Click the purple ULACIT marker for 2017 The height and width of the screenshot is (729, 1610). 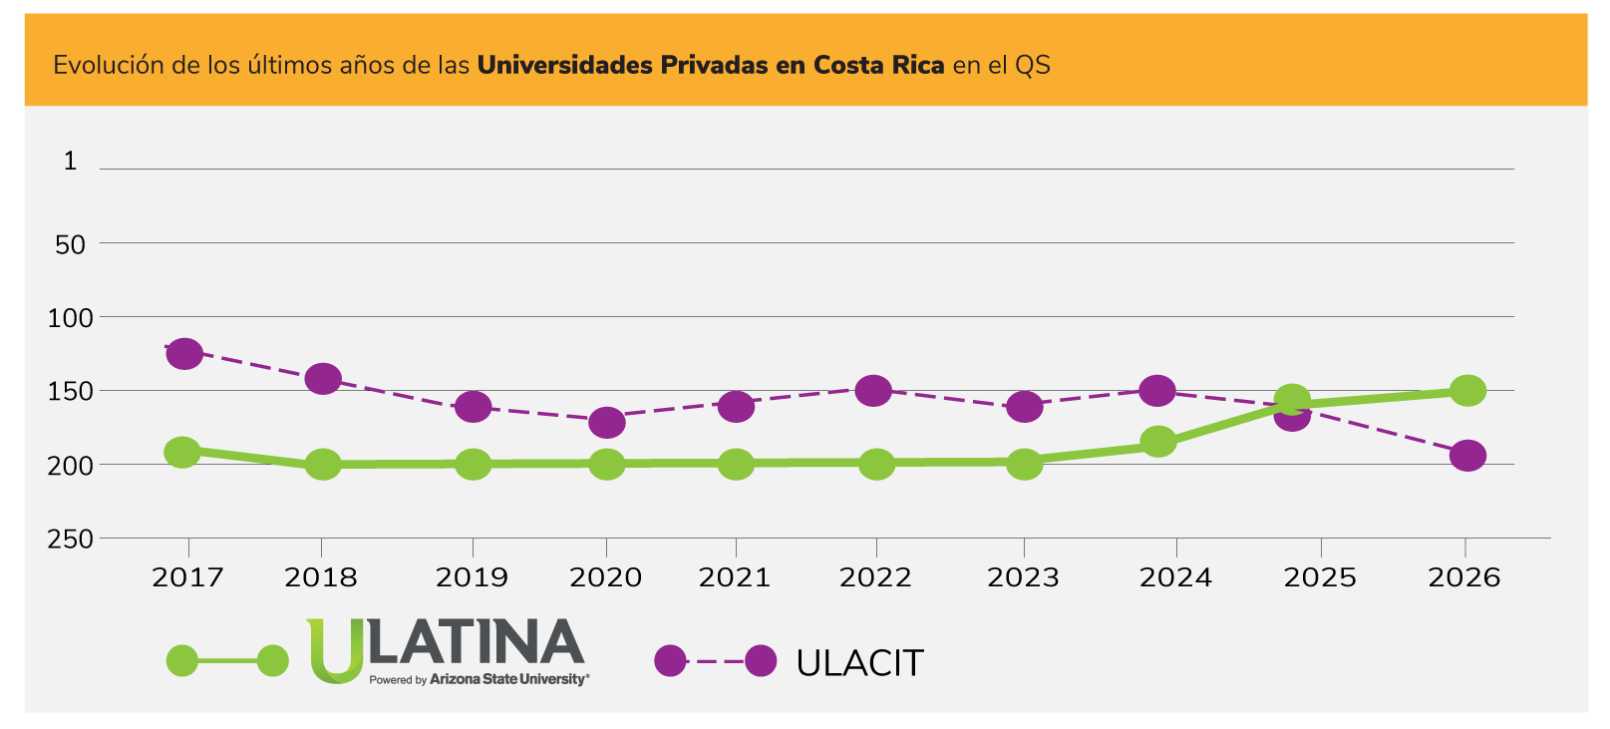[x=184, y=353]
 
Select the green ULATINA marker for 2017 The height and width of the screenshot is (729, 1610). [x=182, y=452]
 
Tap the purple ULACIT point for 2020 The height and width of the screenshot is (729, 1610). [x=607, y=422]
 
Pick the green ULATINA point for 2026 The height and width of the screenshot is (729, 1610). [x=1467, y=390]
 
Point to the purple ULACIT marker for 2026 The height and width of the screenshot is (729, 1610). [x=1467, y=456]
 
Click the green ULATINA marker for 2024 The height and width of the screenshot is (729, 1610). [x=1158, y=441]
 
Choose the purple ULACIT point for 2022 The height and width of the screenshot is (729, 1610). [x=873, y=390]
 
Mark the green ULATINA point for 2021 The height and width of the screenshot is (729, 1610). [x=736, y=464]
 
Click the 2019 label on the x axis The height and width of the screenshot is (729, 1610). [x=472, y=577]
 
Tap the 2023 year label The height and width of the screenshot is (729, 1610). [x=1023, y=577]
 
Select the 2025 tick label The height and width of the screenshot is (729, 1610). [x=1320, y=577]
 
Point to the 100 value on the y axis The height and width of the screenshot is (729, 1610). [x=71, y=317]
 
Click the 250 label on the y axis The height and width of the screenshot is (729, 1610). [x=71, y=539]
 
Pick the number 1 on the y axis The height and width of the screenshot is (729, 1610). [x=70, y=161]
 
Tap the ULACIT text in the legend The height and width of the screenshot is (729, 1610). [x=859, y=663]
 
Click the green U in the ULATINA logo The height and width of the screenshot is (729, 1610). [x=335, y=649]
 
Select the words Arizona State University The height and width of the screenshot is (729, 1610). [x=508, y=679]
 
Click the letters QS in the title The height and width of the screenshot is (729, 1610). [x=1033, y=66]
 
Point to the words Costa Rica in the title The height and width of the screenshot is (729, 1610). [x=878, y=66]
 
